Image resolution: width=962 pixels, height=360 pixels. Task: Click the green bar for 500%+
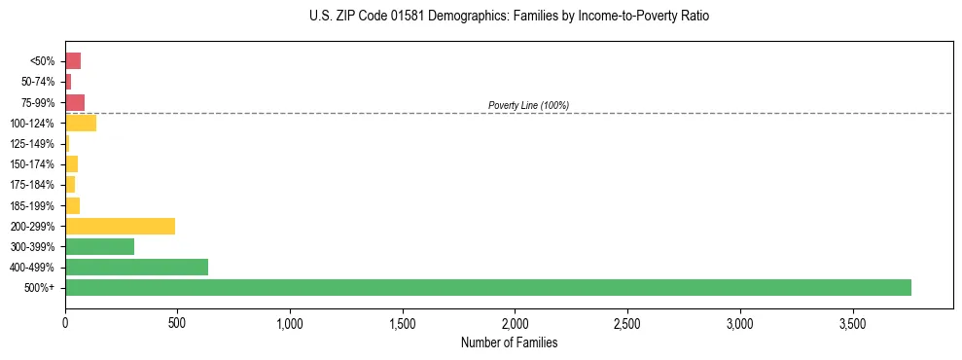(x=487, y=288)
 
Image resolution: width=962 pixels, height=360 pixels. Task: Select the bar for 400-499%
(x=136, y=268)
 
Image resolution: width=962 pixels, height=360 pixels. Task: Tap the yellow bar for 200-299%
(x=120, y=226)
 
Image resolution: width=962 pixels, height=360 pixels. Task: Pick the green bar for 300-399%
(x=99, y=246)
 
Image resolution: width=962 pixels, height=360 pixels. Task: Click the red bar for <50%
(x=73, y=61)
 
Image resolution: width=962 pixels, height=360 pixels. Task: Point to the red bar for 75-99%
(x=75, y=102)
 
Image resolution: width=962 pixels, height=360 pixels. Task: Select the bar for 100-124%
(x=81, y=123)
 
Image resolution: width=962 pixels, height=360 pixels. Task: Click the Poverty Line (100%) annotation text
(x=528, y=105)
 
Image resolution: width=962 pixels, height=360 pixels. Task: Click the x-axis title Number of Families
(x=508, y=342)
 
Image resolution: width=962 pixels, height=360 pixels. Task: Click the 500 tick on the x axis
(x=177, y=322)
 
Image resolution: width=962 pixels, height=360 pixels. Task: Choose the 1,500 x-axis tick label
(x=402, y=322)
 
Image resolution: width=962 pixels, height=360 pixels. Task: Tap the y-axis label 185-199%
(x=33, y=205)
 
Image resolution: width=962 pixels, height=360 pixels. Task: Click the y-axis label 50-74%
(x=37, y=82)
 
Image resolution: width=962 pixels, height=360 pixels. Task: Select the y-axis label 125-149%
(x=33, y=144)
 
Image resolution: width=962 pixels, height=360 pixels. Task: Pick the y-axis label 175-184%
(x=33, y=185)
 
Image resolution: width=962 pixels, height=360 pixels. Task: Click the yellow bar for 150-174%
(x=71, y=164)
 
